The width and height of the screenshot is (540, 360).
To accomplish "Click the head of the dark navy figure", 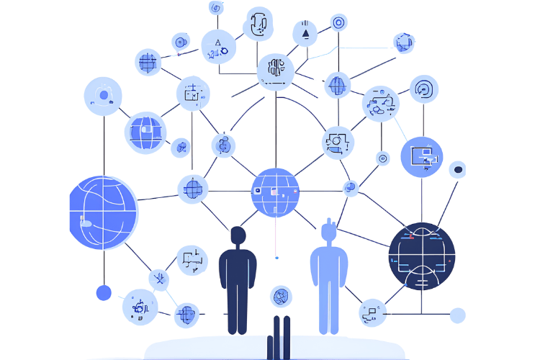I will (x=238, y=235).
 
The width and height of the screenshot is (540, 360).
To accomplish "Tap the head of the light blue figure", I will (x=329, y=231).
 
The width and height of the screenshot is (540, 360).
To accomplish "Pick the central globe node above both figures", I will (x=275, y=192).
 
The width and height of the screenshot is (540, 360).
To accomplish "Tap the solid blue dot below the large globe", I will (x=104, y=293).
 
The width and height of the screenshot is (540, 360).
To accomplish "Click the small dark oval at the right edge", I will (x=456, y=170).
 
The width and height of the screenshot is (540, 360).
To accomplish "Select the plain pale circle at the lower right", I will (x=457, y=315).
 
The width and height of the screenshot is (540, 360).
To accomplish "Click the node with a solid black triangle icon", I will (x=305, y=33).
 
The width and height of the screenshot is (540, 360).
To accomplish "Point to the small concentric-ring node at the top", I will (x=338, y=22).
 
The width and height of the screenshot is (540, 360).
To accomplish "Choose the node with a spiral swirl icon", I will (x=424, y=91).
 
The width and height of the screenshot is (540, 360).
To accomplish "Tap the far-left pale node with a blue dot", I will (x=103, y=96).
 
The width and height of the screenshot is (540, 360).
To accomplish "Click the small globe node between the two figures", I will (x=281, y=296).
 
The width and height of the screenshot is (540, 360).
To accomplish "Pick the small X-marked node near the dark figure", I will (x=158, y=279).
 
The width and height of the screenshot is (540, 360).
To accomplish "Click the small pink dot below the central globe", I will (x=276, y=257).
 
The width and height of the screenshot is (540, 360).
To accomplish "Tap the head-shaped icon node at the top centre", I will (x=258, y=24).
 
